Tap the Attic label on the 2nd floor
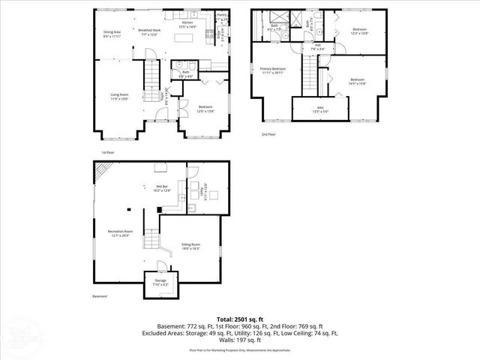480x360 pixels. click(x=319, y=109)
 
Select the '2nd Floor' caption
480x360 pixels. click(x=268, y=134)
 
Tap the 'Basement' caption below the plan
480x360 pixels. click(x=100, y=296)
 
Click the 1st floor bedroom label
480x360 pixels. click(x=207, y=109)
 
